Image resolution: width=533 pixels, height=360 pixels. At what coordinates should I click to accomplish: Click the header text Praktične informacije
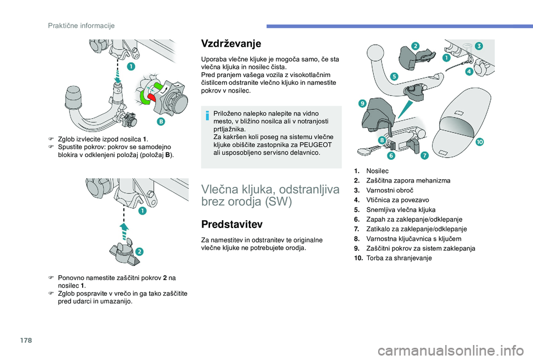(81, 25)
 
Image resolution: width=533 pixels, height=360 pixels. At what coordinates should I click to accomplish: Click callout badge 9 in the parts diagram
(361, 103)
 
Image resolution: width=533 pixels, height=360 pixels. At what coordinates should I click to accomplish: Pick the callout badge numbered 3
(478, 45)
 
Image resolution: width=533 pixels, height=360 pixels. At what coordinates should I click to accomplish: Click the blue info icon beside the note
(208, 115)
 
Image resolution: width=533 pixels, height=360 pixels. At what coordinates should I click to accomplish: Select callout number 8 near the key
(383, 141)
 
